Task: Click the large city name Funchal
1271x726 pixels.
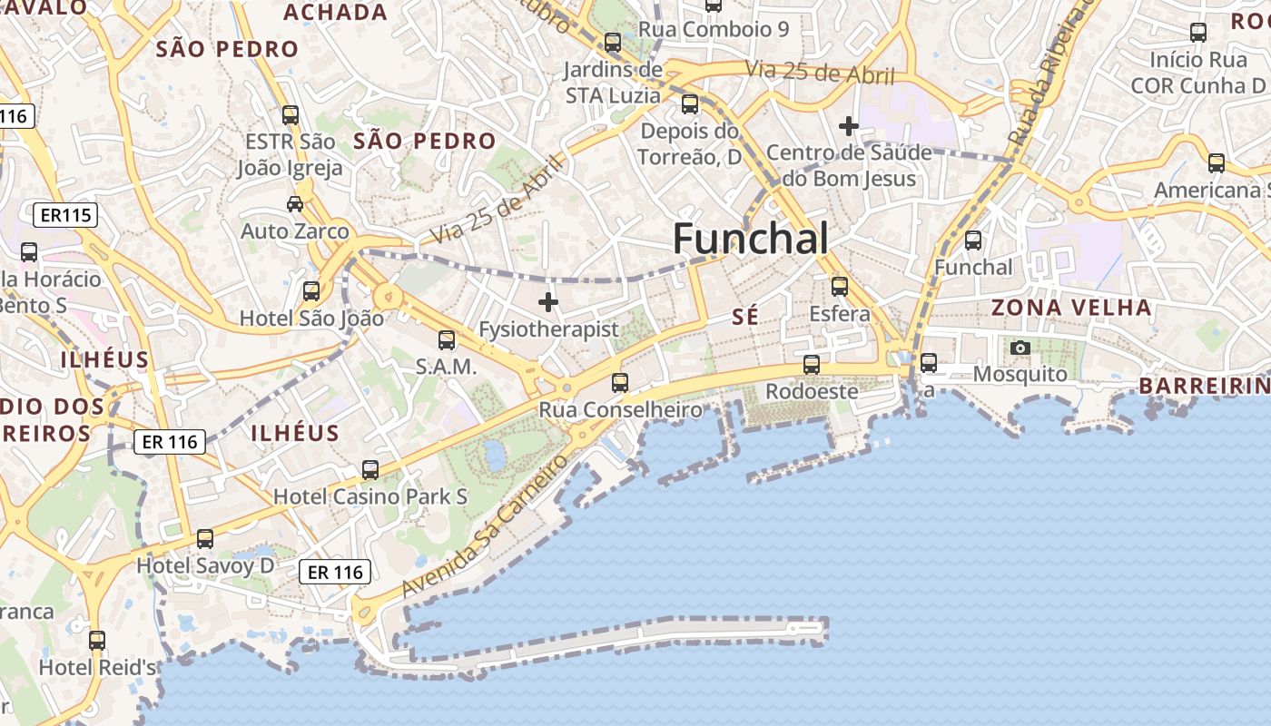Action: point(750,239)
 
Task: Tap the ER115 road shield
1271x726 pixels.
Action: point(65,215)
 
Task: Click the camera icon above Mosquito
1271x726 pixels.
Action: point(1020,348)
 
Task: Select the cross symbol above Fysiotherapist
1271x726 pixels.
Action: point(548,302)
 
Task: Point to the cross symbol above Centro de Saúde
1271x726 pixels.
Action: point(849,126)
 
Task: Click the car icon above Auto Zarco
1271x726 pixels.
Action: point(295,204)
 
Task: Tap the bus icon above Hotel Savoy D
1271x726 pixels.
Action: point(205,539)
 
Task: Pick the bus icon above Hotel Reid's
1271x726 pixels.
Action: point(97,641)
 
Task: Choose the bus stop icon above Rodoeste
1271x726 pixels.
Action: point(812,365)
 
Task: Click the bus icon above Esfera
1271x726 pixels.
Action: point(840,287)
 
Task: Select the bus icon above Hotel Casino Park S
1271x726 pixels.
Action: point(370,470)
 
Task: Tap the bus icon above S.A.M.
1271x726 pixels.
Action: point(447,340)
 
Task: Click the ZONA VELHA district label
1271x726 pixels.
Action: point(1071,308)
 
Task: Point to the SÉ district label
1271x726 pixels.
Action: point(744,316)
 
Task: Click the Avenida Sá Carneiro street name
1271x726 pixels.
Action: point(486,526)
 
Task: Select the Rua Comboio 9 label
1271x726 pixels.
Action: point(714,29)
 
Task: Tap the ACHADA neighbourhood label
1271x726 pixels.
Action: point(336,13)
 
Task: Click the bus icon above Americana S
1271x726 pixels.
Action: point(1217,163)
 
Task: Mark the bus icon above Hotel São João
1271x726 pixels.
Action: point(311,291)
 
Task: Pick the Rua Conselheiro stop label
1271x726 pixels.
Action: point(621,410)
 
